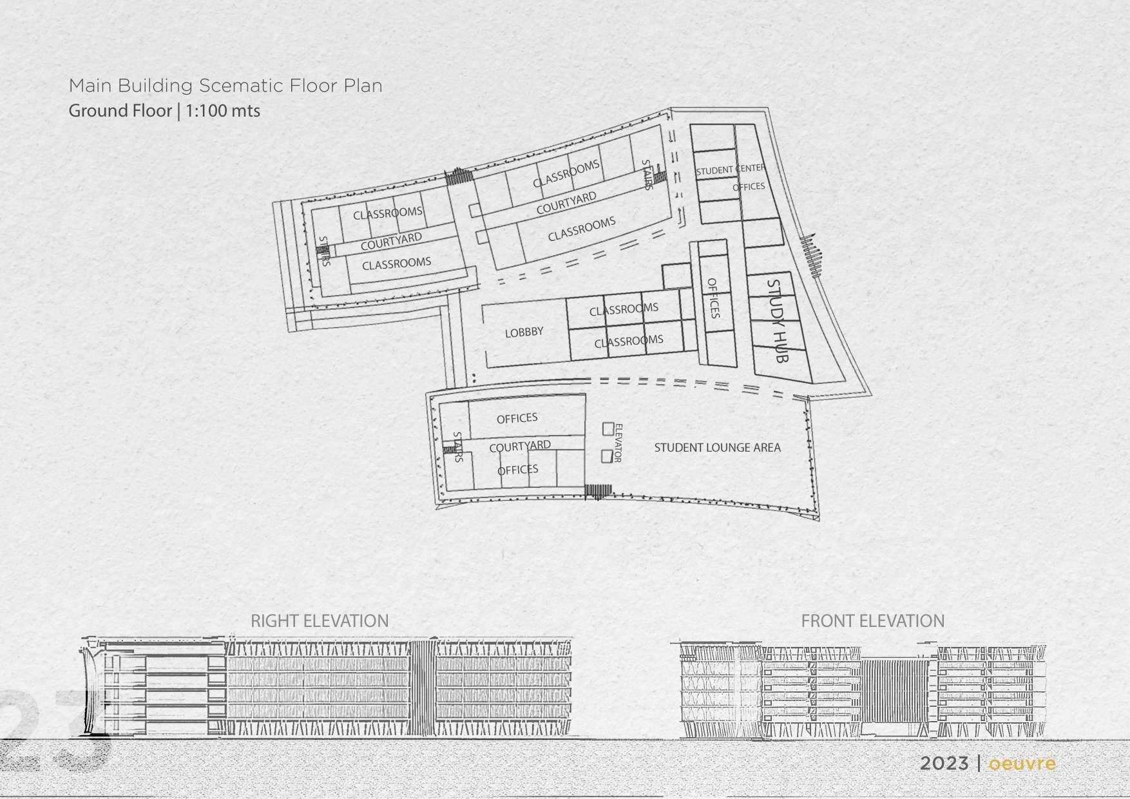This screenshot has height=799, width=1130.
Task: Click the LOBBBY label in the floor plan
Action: pyautogui.click(x=524, y=332)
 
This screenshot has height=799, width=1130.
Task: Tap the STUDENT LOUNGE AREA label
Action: pyautogui.click(x=717, y=447)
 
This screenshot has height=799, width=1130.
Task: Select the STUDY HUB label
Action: pyautogui.click(x=778, y=320)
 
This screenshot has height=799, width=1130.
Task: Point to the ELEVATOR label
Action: pyautogui.click(x=617, y=443)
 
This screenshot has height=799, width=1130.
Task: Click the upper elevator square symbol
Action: pyautogui.click(x=608, y=428)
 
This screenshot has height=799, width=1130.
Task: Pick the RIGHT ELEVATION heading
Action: pyautogui.click(x=320, y=621)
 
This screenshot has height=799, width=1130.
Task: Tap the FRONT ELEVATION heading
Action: pyautogui.click(x=872, y=621)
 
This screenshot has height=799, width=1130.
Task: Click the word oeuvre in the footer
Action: pyautogui.click(x=1022, y=764)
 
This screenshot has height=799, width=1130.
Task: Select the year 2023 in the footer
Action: pyautogui.click(x=944, y=764)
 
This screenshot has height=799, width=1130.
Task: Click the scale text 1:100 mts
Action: pyautogui.click(x=223, y=111)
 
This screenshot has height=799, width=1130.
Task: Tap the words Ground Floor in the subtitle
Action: pyautogui.click(x=120, y=111)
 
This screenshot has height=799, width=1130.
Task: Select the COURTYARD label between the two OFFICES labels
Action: pyautogui.click(x=520, y=446)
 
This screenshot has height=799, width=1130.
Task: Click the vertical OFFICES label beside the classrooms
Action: pyautogui.click(x=713, y=298)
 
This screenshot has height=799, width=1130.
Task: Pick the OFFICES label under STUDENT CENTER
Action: pyautogui.click(x=749, y=187)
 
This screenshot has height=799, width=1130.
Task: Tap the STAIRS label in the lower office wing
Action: pyautogui.click(x=458, y=447)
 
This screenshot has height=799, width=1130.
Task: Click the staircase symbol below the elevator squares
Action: pyautogui.click(x=598, y=492)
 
